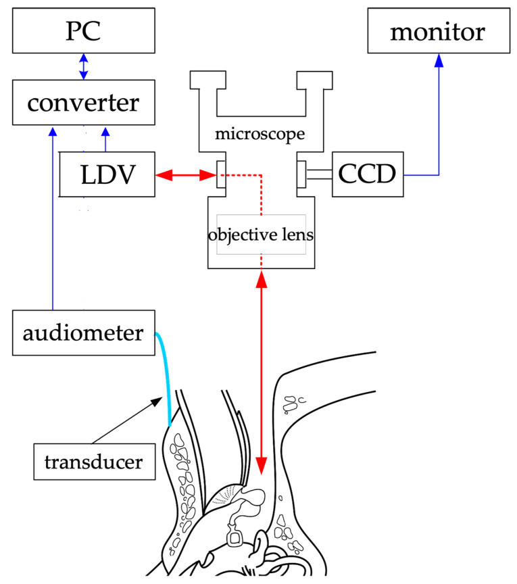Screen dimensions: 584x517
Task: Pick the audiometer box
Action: point(83,333)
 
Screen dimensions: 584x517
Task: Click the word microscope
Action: point(259,133)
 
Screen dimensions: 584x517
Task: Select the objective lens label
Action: point(261,236)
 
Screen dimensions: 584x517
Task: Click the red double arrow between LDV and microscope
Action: point(184,175)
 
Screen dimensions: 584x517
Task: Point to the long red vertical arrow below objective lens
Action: point(261,372)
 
